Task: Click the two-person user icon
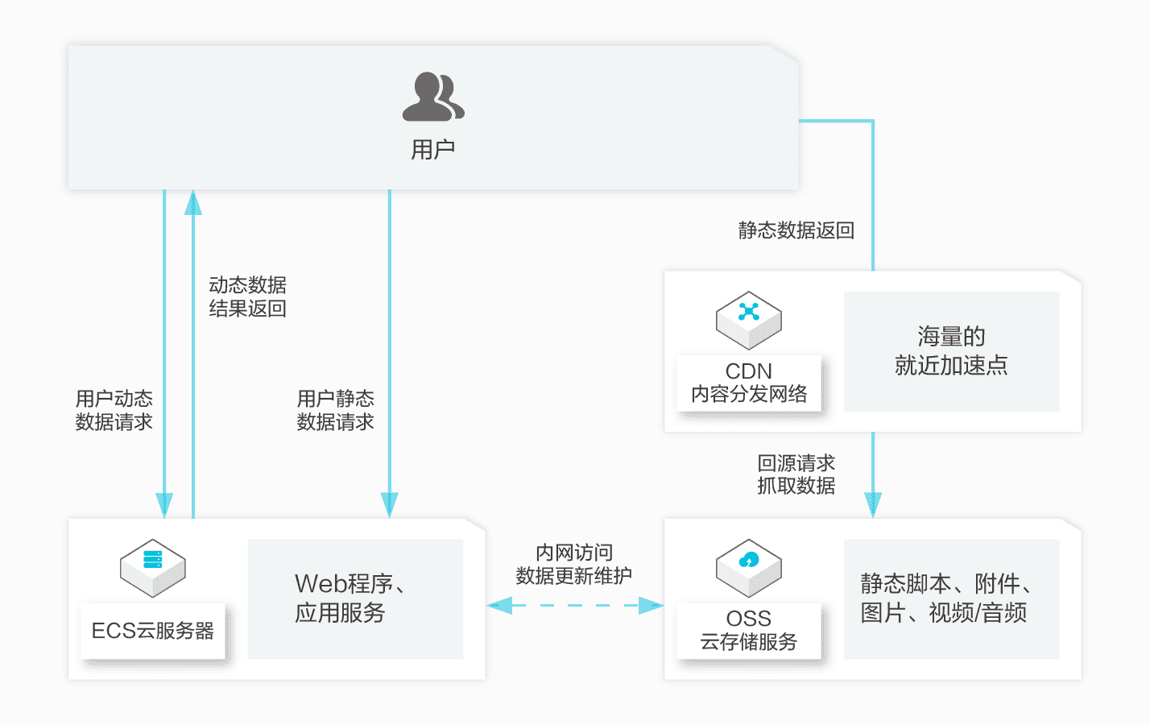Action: point(433,97)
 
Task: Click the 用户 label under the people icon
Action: point(433,149)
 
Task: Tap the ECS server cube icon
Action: point(153,567)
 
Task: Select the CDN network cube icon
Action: point(749,320)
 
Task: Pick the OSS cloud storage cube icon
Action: point(749,567)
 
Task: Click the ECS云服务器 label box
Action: point(153,631)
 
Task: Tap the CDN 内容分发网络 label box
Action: point(749,383)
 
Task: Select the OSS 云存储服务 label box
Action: point(749,630)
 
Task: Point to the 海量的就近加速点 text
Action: point(951,351)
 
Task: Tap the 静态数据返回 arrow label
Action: point(796,230)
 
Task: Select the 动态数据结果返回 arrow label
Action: point(247,296)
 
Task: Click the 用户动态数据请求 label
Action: point(114,410)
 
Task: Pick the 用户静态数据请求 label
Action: point(335,410)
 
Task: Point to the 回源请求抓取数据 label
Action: point(796,474)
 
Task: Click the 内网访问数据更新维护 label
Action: point(573,564)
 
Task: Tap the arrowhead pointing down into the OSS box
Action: point(873,505)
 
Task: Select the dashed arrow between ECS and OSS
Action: point(575,605)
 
